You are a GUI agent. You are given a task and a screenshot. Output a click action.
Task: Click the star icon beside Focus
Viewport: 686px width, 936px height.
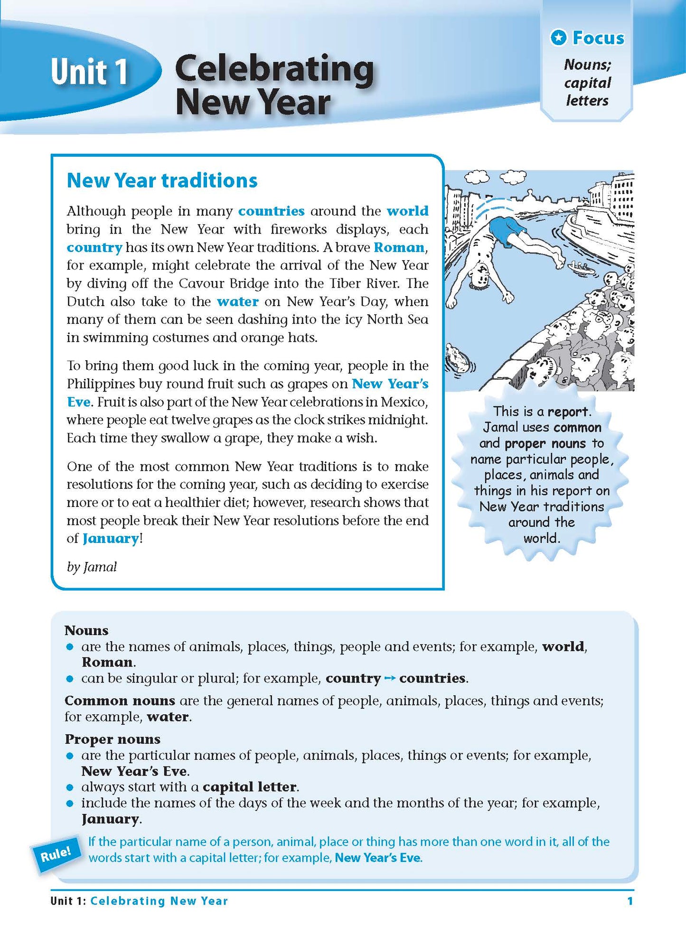(559, 37)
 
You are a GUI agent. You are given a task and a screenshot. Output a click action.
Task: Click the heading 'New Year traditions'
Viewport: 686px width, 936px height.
(162, 180)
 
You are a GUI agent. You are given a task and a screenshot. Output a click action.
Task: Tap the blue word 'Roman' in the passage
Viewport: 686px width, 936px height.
(399, 247)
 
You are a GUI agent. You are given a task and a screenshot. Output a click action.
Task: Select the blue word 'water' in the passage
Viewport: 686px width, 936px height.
(237, 301)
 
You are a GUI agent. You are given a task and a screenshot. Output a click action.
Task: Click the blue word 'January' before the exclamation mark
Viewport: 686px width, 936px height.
(111, 538)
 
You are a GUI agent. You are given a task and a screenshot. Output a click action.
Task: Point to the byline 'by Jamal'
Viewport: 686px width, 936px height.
(92, 567)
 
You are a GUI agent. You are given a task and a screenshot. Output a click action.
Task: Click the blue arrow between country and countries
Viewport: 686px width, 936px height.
(390, 678)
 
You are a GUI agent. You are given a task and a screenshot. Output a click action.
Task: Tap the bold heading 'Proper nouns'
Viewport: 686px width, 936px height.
(113, 739)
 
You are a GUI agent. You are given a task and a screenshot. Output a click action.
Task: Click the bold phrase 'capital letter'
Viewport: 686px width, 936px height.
(250, 787)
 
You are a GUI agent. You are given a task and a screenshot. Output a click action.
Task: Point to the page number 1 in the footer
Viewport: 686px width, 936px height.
(630, 901)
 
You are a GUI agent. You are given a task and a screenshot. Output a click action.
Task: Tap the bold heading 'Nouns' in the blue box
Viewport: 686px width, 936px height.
(86, 630)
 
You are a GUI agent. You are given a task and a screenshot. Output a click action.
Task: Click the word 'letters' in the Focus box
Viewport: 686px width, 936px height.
(587, 101)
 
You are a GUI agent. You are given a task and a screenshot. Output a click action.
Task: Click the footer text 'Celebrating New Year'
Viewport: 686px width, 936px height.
(159, 901)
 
